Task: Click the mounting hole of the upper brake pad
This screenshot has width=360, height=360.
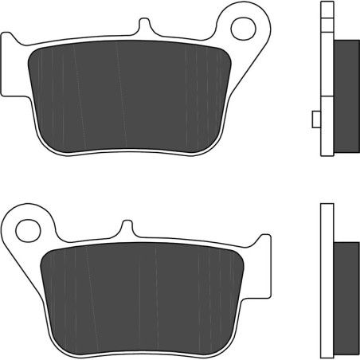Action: (x=241, y=27)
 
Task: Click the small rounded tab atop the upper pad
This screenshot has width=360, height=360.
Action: (x=144, y=27)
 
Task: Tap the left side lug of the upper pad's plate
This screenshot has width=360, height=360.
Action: (x=11, y=67)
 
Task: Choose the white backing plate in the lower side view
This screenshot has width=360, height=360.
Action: (x=324, y=279)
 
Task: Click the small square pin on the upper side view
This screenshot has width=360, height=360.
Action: (x=315, y=119)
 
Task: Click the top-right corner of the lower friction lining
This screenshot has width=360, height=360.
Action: (x=238, y=252)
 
